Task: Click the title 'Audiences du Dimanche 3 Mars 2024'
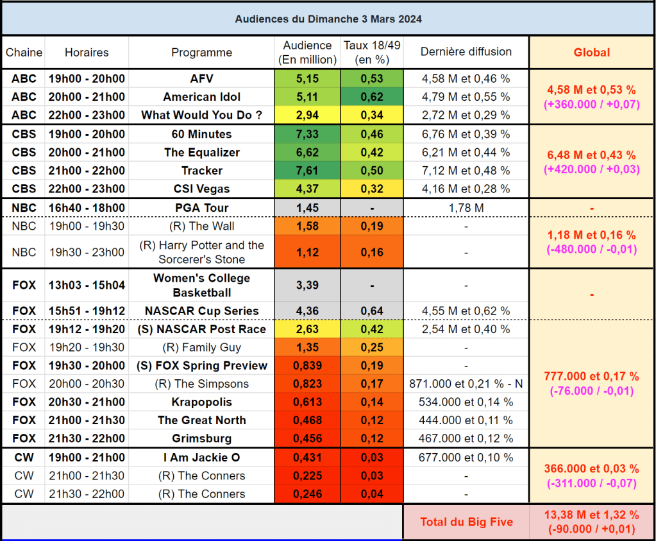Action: (328, 19)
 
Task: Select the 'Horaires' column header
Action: (87, 53)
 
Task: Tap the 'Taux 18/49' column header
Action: (372, 53)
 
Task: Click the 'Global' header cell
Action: (591, 53)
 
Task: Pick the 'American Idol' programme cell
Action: (201, 97)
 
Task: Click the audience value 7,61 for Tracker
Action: (307, 171)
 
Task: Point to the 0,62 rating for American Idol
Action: (372, 97)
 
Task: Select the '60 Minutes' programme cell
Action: (201, 134)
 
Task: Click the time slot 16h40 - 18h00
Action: (87, 208)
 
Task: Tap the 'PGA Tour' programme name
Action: (201, 208)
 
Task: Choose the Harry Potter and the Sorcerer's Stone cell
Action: (201, 252)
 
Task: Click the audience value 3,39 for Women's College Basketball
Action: (307, 285)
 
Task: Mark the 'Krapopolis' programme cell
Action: (201, 402)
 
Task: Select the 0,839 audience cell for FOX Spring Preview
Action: (307, 366)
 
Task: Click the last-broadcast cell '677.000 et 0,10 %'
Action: (466, 458)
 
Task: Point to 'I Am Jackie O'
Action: (201, 458)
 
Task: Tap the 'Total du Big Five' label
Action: (466, 522)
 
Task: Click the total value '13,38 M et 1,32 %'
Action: (591, 515)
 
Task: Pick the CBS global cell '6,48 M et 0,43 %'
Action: (591, 155)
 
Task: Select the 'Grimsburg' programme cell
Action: (201, 439)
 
